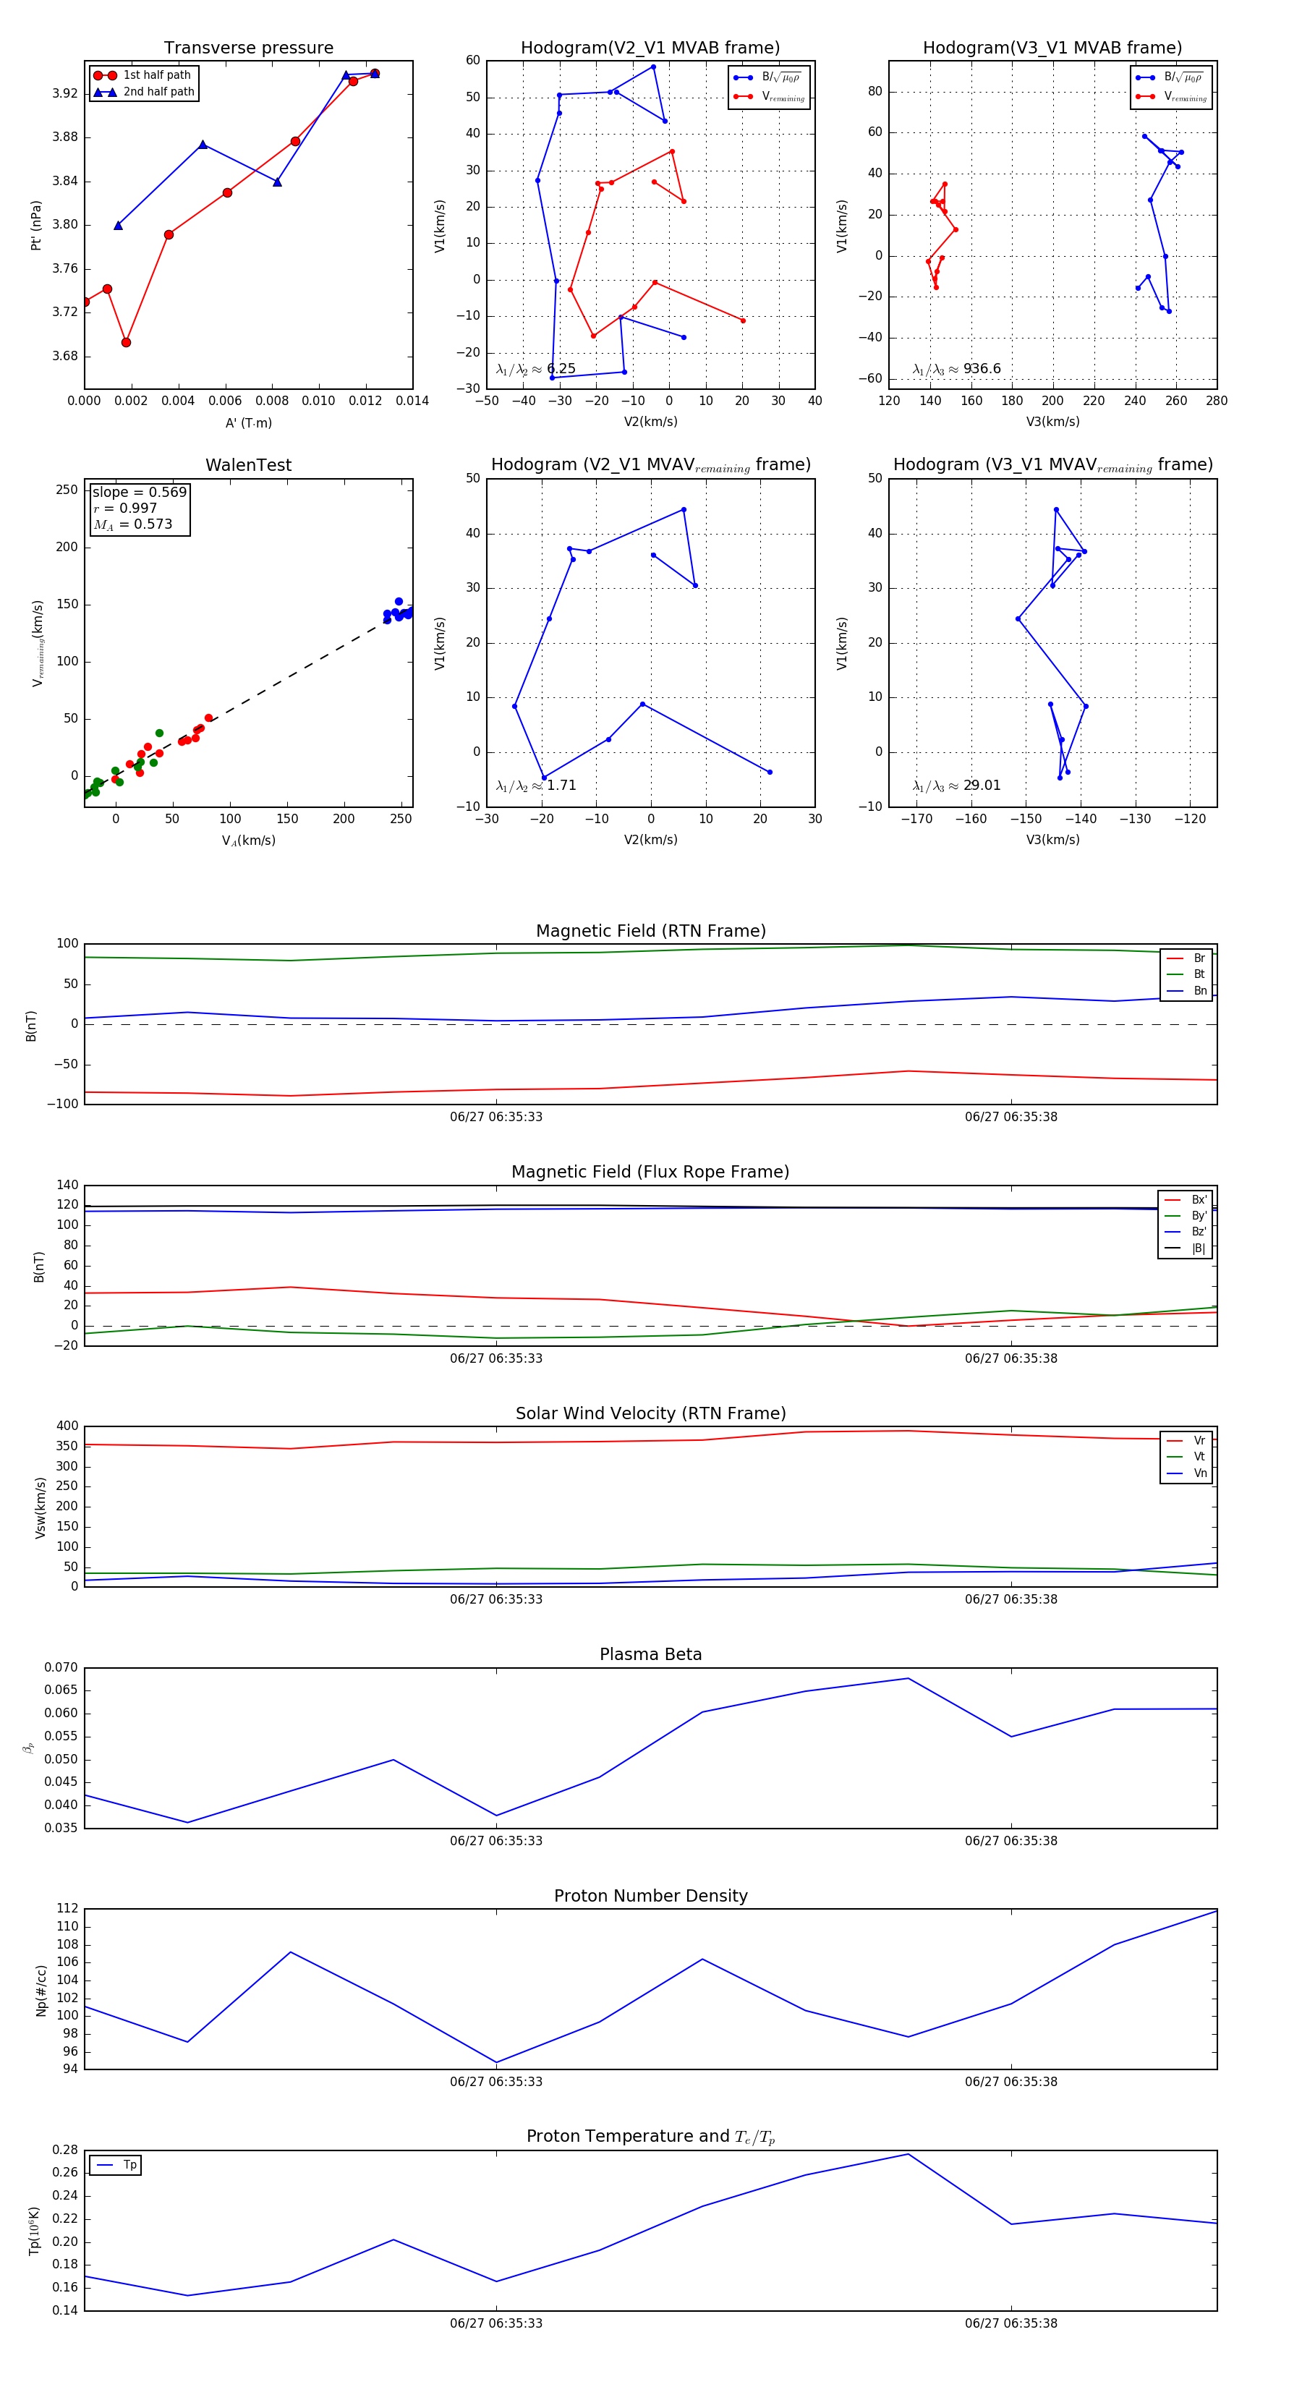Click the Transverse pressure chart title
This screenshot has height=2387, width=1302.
[248, 48]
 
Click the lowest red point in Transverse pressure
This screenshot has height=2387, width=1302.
[126, 343]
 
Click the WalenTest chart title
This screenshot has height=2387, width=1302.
[248, 465]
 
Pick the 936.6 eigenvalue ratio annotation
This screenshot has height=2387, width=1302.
[956, 369]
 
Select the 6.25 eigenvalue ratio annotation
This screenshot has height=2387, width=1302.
[535, 369]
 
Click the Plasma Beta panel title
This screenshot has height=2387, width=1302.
[650, 1654]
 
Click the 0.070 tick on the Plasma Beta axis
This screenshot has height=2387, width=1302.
[61, 1668]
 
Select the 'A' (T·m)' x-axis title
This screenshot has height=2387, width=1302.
[248, 423]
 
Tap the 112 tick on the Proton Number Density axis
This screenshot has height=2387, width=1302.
[68, 1909]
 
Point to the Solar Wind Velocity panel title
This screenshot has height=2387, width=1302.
[650, 1413]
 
